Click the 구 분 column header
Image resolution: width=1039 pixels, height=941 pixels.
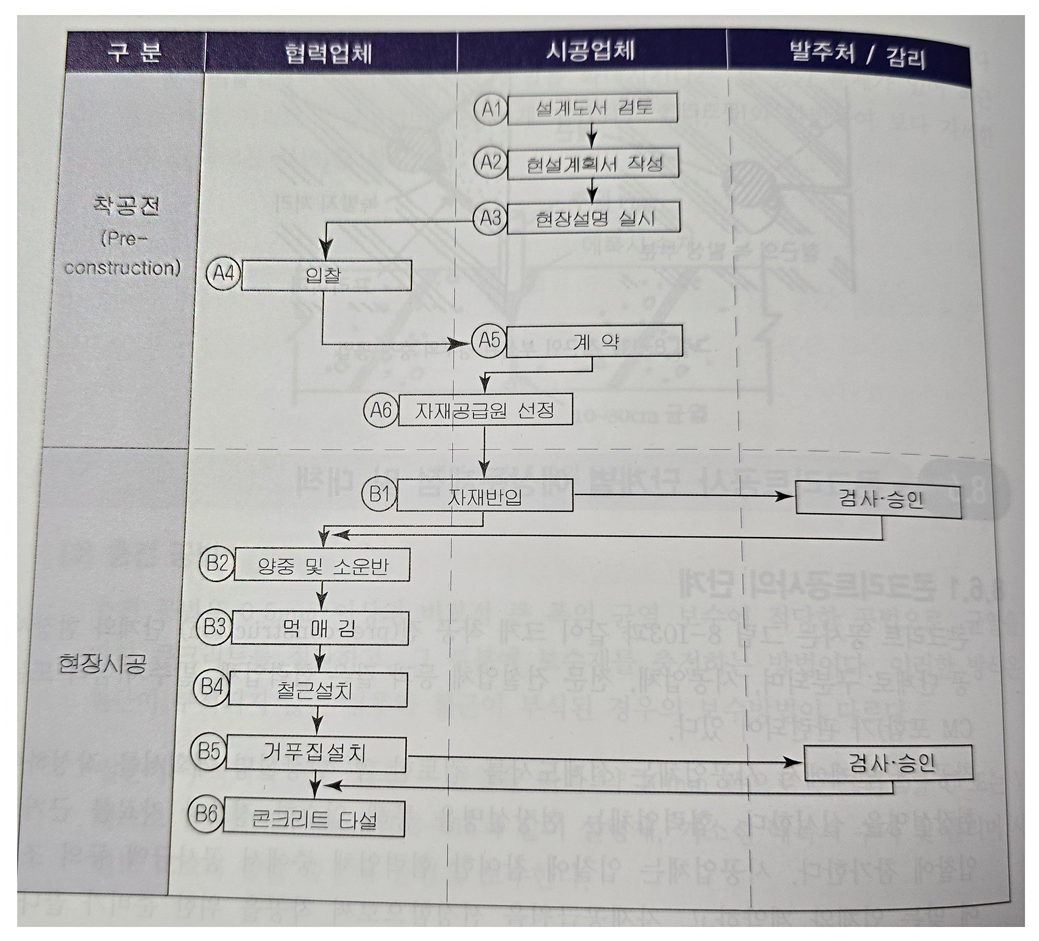click(x=134, y=52)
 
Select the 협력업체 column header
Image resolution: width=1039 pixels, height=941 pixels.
click(x=328, y=53)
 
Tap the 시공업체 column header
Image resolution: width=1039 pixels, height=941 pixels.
click(x=590, y=52)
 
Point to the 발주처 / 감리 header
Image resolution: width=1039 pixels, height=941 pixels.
click(x=857, y=56)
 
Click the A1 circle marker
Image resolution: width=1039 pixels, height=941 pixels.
click(x=490, y=110)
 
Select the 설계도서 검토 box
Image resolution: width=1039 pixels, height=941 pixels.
click(x=593, y=109)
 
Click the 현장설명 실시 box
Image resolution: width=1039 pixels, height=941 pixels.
click(x=594, y=218)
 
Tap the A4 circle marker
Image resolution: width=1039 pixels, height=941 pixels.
click(x=224, y=274)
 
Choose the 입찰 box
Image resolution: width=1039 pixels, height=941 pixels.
click(x=326, y=275)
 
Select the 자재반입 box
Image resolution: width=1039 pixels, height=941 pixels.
click(x=484, y=495)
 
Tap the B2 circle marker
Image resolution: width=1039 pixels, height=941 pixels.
click(x=217, y=563)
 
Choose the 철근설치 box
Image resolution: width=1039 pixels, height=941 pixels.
click(x=317, y=690)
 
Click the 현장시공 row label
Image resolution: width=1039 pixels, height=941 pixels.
click(x=102, y=663)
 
